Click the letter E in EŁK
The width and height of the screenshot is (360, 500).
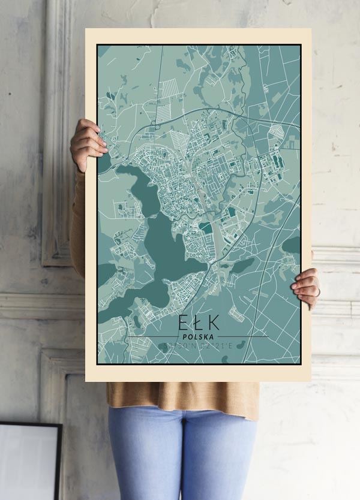coord(184,322)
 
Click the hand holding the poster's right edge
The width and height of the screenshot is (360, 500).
coord(307,287)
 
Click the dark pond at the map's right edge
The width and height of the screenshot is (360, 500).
coord(292,244)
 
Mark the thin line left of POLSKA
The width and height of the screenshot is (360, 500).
coord(150,336)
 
